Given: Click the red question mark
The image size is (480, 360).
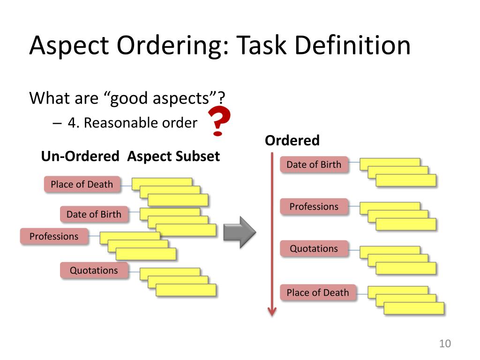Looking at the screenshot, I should pyautogui.click(x=218, y=120).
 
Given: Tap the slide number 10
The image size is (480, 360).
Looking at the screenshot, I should pyautogui.click(x=444, y=344).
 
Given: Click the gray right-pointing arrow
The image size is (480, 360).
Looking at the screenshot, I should pyautogui.click(x=239, y=232).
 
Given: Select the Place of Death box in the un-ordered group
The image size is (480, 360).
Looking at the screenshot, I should pyautogui.click(x=82, y=184).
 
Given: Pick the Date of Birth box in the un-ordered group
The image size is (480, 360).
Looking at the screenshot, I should pyautogui.click(x=94, y=214).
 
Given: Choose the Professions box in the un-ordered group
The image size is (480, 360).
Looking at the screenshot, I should pyautogui.click(x=54, y=236).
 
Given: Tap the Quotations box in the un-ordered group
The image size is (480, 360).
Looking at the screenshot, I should pyautogui.click(x=94, y=270).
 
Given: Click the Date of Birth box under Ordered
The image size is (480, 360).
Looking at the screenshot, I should pyautogui.click(x=314, y=165).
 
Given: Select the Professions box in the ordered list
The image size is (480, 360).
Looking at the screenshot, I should pyautogui.click(x=314, y=207).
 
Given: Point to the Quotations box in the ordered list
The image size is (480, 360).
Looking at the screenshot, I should pyautogui.click(x=314, y=248).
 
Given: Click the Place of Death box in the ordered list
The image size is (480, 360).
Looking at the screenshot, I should pyautogui.click(x=318, y=292).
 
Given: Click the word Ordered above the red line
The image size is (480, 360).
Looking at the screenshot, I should pyautogui.click(x=292, y=141).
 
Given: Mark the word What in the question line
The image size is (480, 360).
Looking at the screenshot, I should pyautogui.click(x=49, y=98).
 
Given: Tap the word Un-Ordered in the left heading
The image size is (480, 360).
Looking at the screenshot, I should pyautogui.click(x=80, y=156).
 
